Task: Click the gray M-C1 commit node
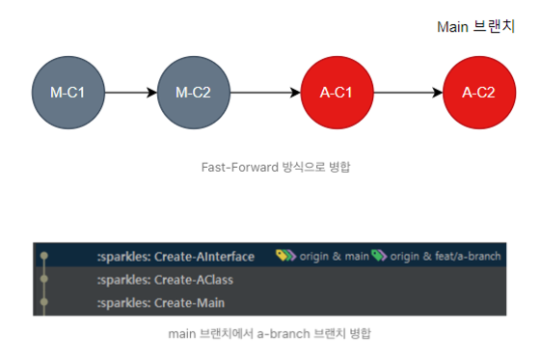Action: pos(67,93)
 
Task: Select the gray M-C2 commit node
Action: pos(194,93)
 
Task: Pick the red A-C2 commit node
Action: pos(478,93)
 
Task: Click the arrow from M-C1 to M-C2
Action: pos(130,93)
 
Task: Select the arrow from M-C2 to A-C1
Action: pos(265,93)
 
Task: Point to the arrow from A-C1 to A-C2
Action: pos(408,93)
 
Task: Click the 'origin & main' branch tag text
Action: pos(328,256)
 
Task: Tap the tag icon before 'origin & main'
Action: pos(285,256)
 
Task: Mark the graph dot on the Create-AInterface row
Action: pos(43,256)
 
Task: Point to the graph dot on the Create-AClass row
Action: pos(43,280)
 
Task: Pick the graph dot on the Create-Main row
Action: pos(43,303)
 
